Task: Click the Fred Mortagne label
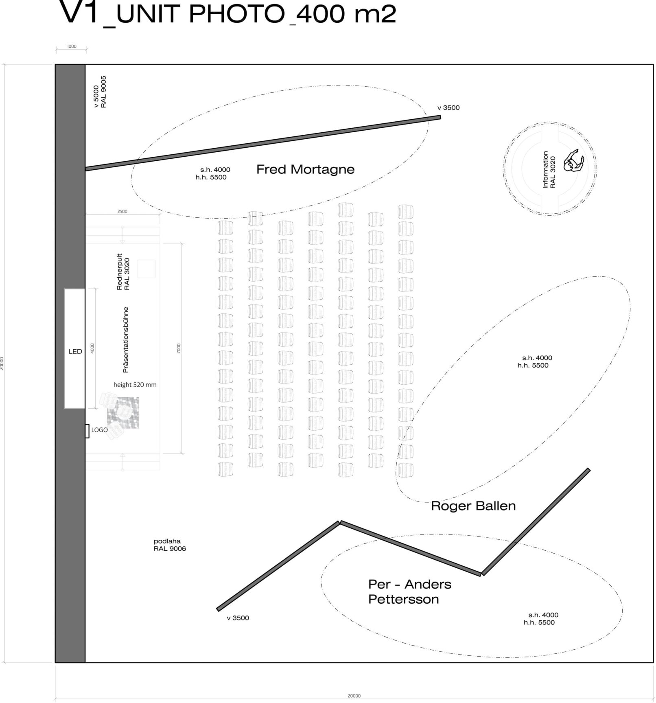coord(305,169)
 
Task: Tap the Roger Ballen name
coord(473,506)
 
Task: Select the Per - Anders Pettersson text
coord(409,591)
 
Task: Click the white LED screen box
coord(75,348)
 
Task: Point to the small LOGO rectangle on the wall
coord(87,431)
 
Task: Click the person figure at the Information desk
coord(573,162)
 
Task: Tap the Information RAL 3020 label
coord(549,169)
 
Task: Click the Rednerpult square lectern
coord(147,269)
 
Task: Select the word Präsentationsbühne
coord(126,339)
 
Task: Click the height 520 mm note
coord(135,385)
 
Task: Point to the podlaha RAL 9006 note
coord(170,545)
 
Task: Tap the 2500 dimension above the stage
coord(122,211)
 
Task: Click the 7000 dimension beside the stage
coord(179,348)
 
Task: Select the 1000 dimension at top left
coord(72,46)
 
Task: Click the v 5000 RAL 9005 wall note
coord(100,92)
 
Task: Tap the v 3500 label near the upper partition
coord(448,108)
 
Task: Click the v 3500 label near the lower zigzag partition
coord(238,618)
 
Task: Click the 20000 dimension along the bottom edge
coord(354,696)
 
